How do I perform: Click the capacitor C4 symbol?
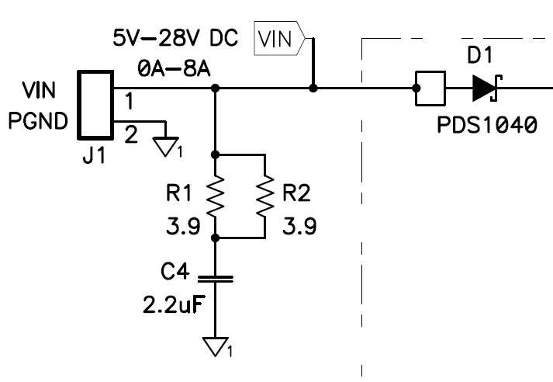[216, 277]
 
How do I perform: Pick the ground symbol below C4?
[216, 346]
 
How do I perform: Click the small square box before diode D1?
[430, 89]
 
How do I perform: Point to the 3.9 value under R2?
[299, 227]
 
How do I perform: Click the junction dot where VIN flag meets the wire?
[313, 89]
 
